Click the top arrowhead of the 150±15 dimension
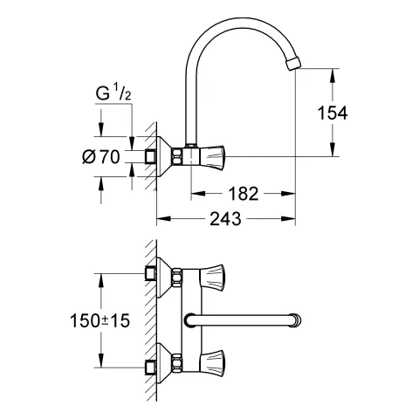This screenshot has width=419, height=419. pyautogui.click(x=103, y=278)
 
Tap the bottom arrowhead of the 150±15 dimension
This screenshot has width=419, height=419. pyautogui.click(x=103, y=364)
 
